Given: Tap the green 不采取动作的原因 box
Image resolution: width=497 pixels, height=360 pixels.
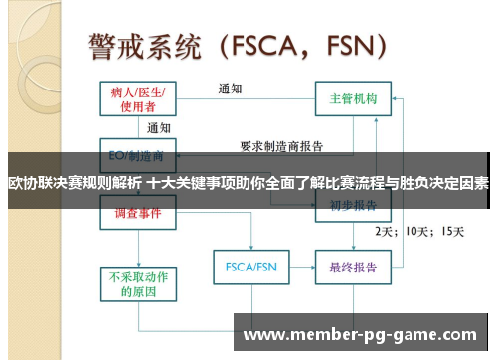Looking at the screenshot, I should click(x=139, y=284).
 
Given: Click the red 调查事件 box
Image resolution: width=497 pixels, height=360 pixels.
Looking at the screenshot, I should click(x=139, y=213).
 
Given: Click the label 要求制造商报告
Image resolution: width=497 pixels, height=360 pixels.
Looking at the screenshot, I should click(x=281, y=146).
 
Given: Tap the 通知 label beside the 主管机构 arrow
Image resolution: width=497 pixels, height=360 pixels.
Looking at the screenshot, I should click(x=231, y=89).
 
